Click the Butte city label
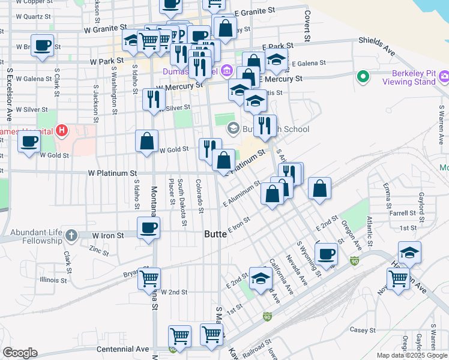pyautogui.click(x=215, y=234)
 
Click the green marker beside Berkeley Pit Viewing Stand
pyautogui.click(x=363, y=77)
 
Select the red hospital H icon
pyautogui.click(x=61, y=130)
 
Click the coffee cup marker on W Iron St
pyautogui.click(x=148, y=228)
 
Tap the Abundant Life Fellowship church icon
pyautogui.click(x=71, y=235)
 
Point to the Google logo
pyautogui.click(x=20, y=353)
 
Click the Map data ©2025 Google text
pyautogui.click(x=411, y=355)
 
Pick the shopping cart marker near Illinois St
pyautogui.click(x=149, y=278)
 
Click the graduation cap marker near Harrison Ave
pyautogui.click(x=409, y=253)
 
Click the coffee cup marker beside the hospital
pyautogui.click(x=29, y=142)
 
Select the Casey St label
pyautogui.click(x=363, y=330)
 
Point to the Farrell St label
pyautogui.click(x=402, y=213)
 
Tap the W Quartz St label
pyautogui.click(x=33, y=16)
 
